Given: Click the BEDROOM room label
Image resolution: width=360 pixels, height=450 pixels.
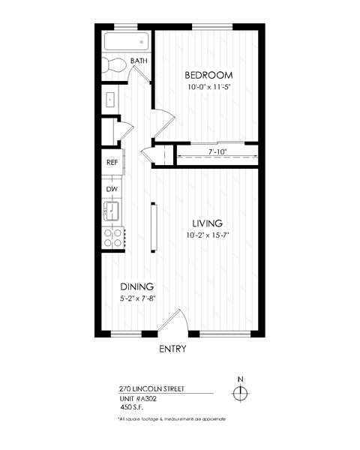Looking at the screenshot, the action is point(208,75).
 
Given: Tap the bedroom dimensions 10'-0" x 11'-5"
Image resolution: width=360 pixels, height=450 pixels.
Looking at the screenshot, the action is point(209,87).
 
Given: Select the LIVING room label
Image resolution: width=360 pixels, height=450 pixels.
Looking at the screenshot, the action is point(207,223).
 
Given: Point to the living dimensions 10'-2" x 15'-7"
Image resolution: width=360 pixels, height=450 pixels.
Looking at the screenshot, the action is point(207,235).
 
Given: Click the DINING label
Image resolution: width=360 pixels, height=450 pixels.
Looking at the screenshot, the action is point(137,286).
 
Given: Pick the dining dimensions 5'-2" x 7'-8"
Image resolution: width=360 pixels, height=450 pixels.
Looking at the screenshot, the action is point(137,298).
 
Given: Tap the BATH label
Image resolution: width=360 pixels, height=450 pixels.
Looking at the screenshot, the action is point(139,61).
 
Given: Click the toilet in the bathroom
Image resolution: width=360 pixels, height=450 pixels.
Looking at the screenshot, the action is point(115,65).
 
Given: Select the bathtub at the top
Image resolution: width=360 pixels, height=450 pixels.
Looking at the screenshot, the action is point(126,42).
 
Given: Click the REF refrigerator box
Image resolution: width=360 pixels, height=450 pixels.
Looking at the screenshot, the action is point(112,162).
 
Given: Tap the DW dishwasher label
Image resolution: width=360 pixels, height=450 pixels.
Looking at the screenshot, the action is point(112,189).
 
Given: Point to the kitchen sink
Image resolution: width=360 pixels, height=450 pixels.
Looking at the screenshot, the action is point(112,211).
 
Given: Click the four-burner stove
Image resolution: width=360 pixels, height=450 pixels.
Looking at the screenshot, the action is point(113,238).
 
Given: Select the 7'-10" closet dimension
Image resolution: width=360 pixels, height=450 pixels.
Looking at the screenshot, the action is point(217,151).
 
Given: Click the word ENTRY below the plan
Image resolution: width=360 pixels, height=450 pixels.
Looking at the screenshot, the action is point(172,349).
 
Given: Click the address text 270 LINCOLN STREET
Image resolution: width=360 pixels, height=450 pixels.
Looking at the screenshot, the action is point(151,389).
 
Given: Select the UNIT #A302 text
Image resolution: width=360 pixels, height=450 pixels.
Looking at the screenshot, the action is point(138,399).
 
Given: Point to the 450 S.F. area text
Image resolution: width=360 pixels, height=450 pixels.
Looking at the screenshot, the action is point(132,407).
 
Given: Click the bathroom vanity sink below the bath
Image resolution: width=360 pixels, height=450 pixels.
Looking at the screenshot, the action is point(110,100).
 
